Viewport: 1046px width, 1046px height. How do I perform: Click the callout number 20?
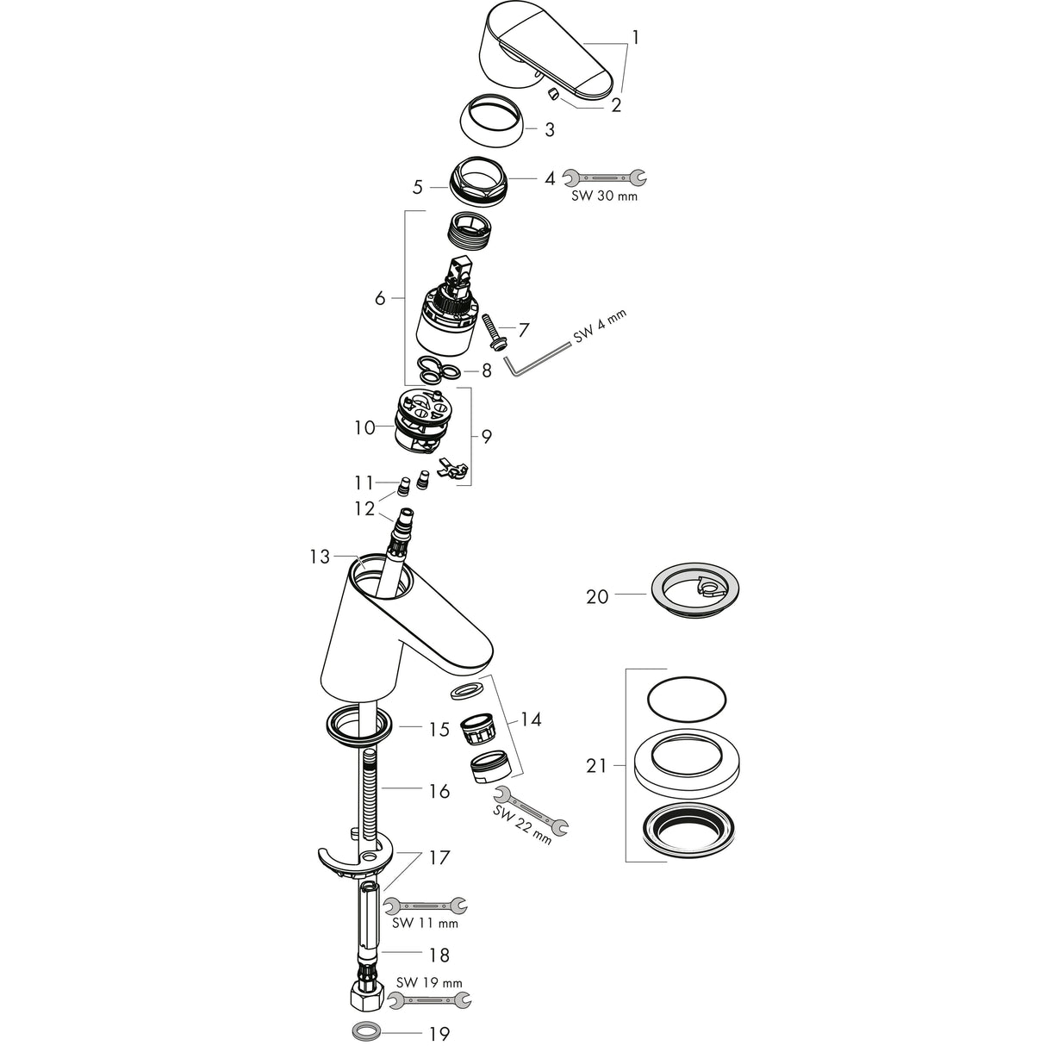597,596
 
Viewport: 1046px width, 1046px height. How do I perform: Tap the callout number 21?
597,765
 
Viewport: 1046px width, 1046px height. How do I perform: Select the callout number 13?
321,557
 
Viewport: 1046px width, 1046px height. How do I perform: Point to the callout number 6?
380,298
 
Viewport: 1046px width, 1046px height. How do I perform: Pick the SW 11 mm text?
425,924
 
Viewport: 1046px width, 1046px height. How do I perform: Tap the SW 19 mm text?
429,982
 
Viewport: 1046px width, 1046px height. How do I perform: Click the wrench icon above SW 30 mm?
603,177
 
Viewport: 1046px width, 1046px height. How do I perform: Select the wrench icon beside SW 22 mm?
534,811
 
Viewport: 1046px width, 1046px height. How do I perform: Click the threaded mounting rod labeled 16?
370,793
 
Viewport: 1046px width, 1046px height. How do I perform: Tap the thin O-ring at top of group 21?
686,695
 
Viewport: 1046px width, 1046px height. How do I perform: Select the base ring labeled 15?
359,724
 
